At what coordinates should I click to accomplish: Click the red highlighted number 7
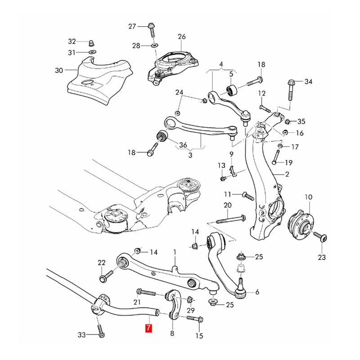pos(148,328)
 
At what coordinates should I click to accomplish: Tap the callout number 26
pos(181,36)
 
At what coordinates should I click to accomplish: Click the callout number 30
pos(59,70)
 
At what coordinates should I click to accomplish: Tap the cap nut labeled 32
pos(91,42)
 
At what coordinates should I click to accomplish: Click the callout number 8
pos(172,333)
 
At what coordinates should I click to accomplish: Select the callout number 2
pos(286,174)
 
